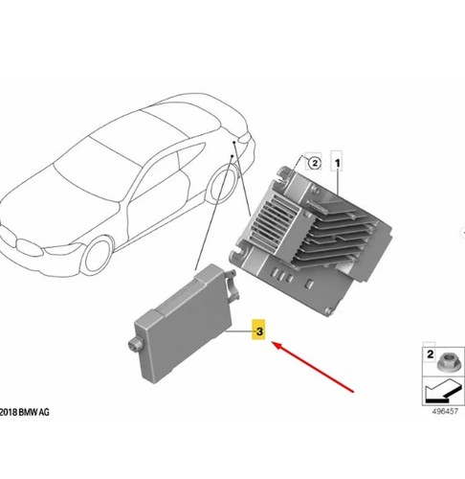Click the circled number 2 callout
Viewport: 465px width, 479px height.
(315, 163)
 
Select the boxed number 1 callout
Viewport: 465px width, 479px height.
(337, 164)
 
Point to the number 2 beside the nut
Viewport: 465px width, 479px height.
(430, 354)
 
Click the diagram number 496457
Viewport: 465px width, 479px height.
(445, 411)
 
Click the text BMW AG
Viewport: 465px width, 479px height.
(33, 412)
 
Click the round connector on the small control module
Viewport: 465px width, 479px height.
(135, 344)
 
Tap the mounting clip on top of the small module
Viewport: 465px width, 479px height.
(232, 285)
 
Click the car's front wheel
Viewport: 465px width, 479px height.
(97, 256)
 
